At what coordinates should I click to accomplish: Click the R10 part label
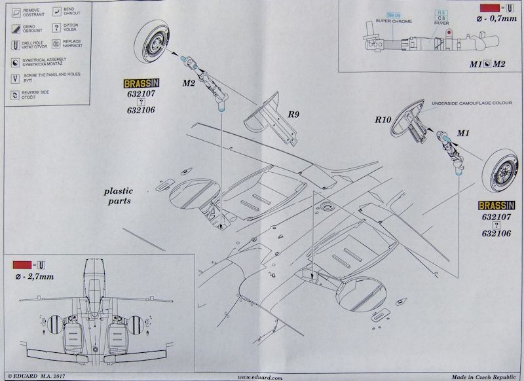[384, 120]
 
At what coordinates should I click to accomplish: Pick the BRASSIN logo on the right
[496, 206]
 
